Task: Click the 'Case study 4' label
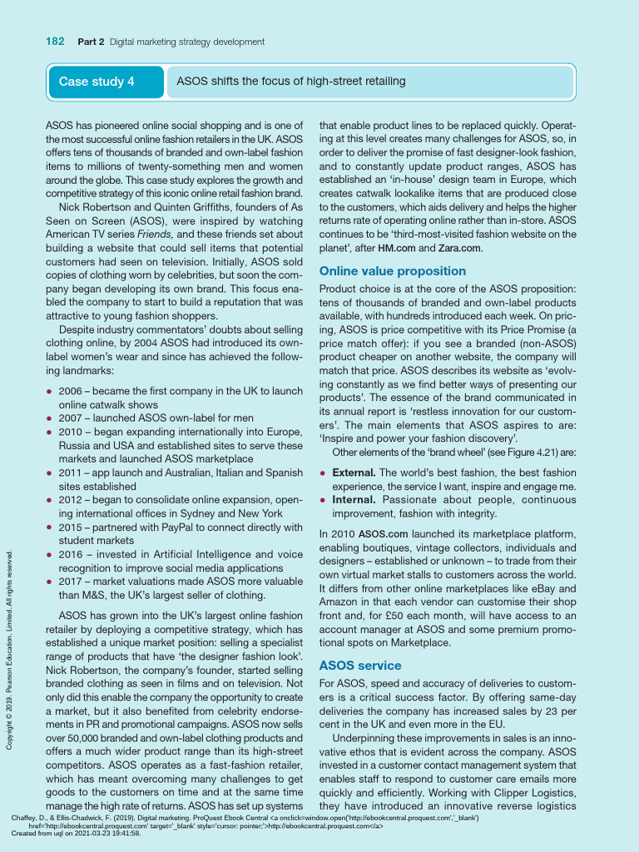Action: coord(96,82)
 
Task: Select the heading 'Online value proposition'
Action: coord(381,271)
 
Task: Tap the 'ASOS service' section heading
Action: coord(360,666)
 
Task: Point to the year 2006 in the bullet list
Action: coord(72,391)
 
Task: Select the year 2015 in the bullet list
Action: coord(72,527)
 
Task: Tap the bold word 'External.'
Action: coord(354,473)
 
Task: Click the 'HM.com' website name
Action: coord(397,248)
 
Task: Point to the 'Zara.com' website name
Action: coord(458,248)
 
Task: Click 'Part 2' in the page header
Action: coord(91,42)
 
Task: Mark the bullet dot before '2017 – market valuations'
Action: coord(50,581)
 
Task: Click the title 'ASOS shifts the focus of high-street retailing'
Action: coord(291,82)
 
